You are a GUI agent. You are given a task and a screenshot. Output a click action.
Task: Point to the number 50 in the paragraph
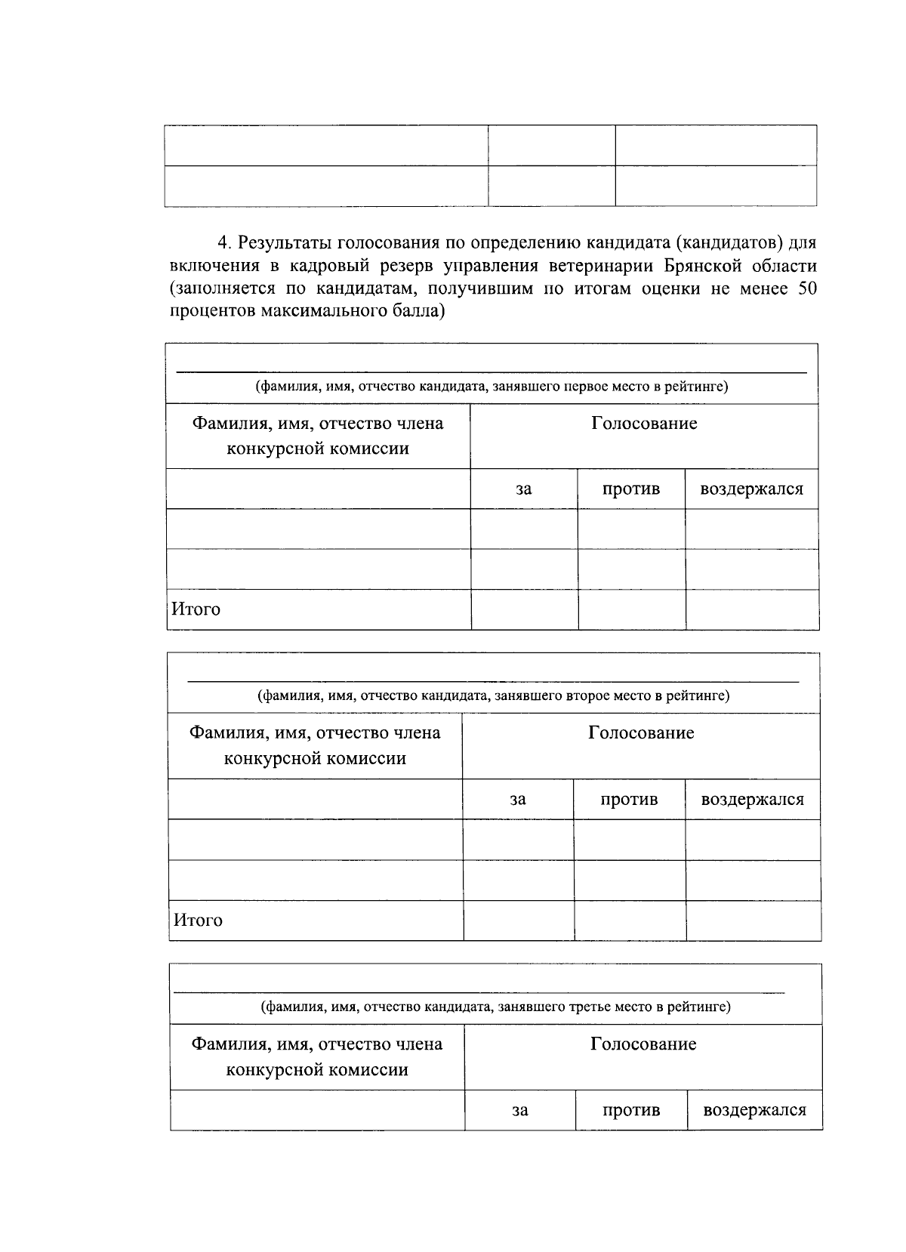[806, 288]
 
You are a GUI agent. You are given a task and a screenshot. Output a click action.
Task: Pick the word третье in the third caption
[591, 1007]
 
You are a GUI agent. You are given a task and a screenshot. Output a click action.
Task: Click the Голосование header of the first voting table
[644, 424]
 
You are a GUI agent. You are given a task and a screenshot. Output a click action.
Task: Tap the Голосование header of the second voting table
[641, 733]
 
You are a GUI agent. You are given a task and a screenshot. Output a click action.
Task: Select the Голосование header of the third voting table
[643, 1044]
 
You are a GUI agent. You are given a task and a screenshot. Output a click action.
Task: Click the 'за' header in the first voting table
[523, 489]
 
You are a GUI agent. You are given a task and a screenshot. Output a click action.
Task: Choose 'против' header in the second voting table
[629, 800]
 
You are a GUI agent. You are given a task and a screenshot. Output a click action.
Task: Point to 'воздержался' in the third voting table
[754, 1111]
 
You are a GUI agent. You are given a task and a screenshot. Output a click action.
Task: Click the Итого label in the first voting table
[196, 609]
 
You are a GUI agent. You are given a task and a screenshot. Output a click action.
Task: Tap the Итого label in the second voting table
[198, 920]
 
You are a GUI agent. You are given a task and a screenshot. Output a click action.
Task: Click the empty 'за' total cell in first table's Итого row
[524, 609]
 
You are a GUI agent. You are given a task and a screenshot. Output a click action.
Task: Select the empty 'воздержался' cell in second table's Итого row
[753, 920]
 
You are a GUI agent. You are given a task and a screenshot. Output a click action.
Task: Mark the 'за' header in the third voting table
[519, 1111]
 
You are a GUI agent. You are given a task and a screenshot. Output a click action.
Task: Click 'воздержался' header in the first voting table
[751, 489]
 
